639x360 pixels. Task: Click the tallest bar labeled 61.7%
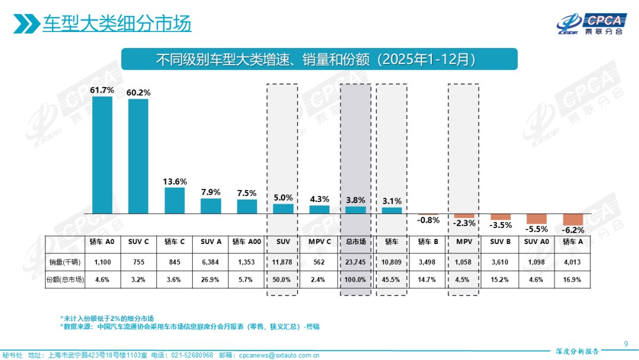[x=102, y=155]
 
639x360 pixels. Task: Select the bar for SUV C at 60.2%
[x=138, y=156]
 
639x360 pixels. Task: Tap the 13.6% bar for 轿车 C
[x=175, y=201]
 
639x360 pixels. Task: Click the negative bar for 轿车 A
[x=573, y=219]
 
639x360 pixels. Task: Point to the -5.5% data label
[x=537, y=229]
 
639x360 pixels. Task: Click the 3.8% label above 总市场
[x=356, y=200]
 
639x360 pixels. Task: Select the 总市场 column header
[x=356, y=242]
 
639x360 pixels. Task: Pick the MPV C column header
[x=319, y=242]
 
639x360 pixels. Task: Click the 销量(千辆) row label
[x=64, y=261]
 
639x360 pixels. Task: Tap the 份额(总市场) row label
[x=64, y=279]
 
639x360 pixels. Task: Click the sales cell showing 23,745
[x=356, y=261]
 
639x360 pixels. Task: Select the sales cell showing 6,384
[x=211, y=261]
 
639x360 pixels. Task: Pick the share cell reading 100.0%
[x=356, y=279]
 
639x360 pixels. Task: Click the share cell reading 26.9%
[x=211, y=279]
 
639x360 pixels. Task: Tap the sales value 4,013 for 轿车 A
[x=573, y=261]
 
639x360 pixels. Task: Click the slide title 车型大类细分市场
[x=117, y=24]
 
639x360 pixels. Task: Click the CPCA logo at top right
[x=589, y=24]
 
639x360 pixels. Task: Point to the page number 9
[x=626, y=344]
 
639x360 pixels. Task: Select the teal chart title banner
[x=319, y=59]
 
